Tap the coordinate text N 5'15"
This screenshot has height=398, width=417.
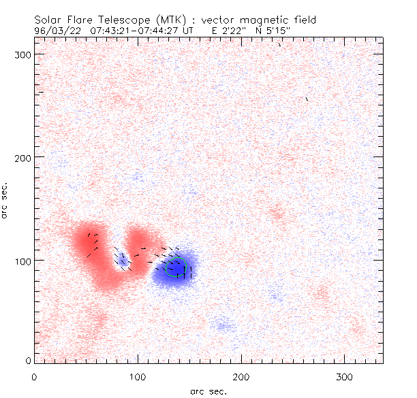coord(286,31)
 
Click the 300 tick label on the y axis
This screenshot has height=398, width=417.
coord(24,54)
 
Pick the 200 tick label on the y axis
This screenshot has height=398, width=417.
coord(24,157)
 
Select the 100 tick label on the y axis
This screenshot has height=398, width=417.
coord(24,261)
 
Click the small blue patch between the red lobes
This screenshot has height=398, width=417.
coord(123,259)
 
